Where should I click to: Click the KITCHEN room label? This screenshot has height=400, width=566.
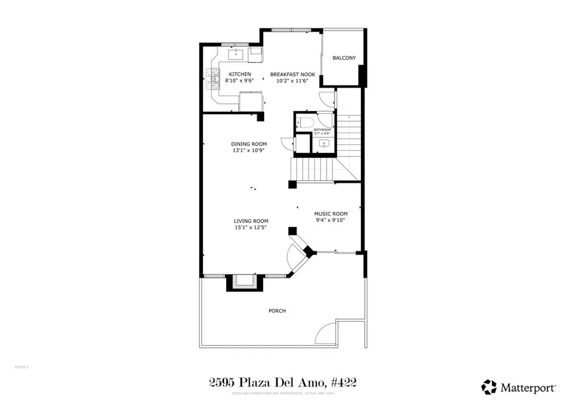point(240,74)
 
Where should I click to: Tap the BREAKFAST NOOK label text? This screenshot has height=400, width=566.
point(292,74)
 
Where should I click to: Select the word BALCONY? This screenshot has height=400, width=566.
point(344,58)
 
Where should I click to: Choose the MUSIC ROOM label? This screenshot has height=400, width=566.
point(331,214)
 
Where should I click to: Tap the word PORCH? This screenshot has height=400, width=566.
point(277,311)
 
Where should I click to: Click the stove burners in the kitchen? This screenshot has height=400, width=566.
point(212,80)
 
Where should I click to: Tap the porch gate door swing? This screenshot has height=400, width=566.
point(326,334)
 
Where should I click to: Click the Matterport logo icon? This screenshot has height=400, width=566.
point(489,386)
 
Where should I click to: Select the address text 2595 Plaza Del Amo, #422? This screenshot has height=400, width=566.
point(282,382)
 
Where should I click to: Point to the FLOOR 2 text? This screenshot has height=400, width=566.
point(21,366)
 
